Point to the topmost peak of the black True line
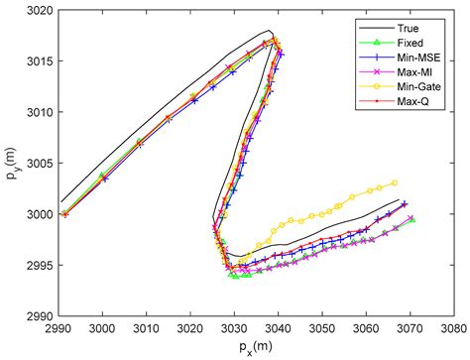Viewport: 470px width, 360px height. [269, 30]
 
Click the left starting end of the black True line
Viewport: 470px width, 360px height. [60, 201]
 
